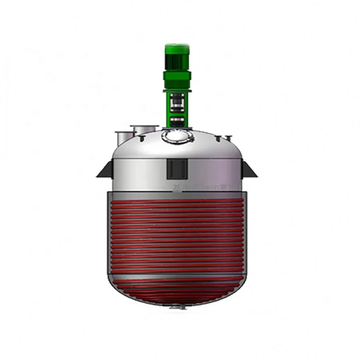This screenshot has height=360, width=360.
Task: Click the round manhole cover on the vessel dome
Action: coord(178,136)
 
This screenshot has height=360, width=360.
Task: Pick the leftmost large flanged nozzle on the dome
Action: coord(122,137)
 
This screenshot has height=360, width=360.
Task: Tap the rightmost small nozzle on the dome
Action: coord(229,138)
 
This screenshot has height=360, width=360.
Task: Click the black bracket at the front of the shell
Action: coord(177,168)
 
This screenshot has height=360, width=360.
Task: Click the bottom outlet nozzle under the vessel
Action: coord(177,307)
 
